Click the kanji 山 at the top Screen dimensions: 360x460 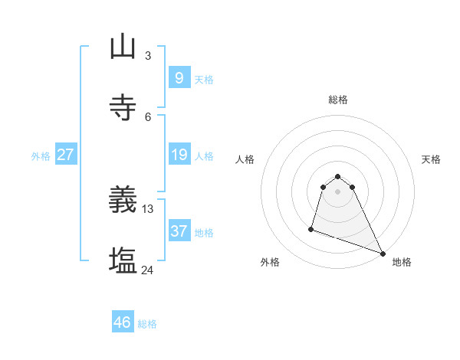point(123,47)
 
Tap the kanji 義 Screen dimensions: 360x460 point(123,201)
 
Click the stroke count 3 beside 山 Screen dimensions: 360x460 point(147,55)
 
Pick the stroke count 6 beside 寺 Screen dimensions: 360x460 point(147,116)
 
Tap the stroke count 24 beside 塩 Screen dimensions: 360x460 point(148,270)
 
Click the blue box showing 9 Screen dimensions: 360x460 point(179,78)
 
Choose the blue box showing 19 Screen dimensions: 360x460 point(179,155)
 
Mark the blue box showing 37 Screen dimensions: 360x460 point(179,231)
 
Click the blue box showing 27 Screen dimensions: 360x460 point(65,155)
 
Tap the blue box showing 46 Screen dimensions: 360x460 point(123,322)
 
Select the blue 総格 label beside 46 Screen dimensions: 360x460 point(147,324)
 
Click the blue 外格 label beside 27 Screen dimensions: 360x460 point(41,156)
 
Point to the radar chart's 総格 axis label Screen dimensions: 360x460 point(338,100)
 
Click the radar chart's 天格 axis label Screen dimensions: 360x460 point(431,159)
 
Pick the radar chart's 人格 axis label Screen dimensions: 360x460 point(245,159)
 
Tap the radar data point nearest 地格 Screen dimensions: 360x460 point(382,254)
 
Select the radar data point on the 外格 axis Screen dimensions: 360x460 point(311,228)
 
